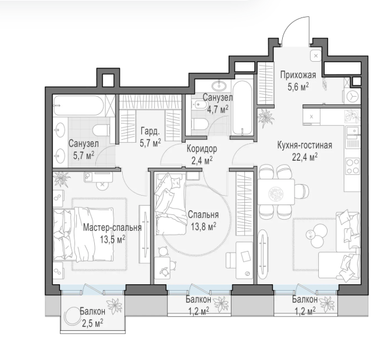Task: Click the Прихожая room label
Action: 298,75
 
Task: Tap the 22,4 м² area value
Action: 305,157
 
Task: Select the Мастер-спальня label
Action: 112,227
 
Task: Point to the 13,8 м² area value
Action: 203,227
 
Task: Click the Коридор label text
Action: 202,149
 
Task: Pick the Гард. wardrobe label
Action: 150,132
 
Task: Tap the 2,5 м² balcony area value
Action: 93,323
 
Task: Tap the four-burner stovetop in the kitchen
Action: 353,166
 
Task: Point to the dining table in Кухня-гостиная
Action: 276,192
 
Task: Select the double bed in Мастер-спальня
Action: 84,234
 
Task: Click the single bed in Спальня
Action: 170,204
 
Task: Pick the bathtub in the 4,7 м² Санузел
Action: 242,108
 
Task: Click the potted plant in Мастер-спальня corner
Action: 62,178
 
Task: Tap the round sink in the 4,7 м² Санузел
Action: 219,86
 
